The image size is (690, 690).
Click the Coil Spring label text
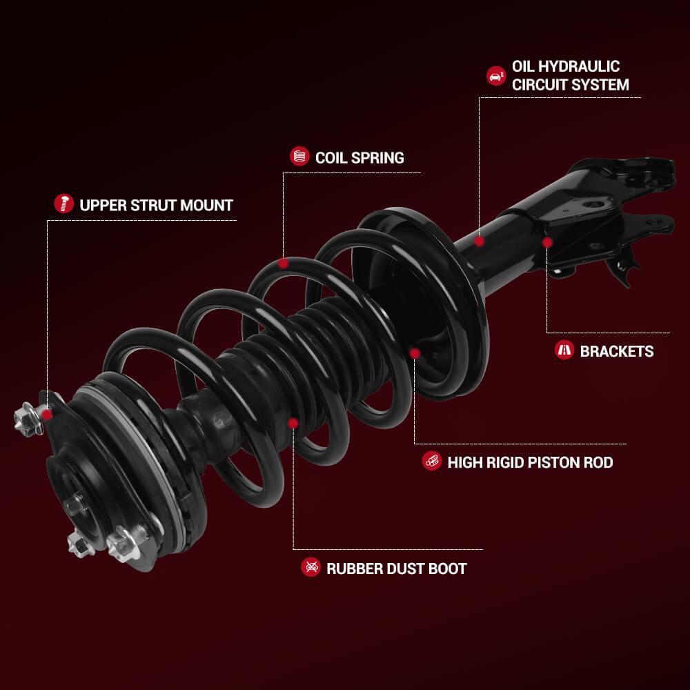359,157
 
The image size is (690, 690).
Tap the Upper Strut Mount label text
156,205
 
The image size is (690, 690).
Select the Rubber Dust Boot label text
397,569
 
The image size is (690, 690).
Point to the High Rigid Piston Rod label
530,462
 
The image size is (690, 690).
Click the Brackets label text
617,351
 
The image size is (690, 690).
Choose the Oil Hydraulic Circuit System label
571,75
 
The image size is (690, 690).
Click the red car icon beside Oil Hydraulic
496,76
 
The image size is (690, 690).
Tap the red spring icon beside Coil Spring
299,156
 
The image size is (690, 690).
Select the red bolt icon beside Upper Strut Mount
63,204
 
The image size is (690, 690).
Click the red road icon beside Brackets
564,350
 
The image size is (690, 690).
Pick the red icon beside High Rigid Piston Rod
432,461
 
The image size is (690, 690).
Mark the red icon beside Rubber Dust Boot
310,566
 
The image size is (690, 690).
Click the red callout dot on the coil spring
284,263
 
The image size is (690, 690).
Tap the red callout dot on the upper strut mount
47,415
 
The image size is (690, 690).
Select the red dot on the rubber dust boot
293,424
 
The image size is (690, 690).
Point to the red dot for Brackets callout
547,242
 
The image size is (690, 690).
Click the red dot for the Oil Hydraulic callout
480,241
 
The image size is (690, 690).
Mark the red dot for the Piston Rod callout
415,353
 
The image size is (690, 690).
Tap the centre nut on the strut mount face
76,504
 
